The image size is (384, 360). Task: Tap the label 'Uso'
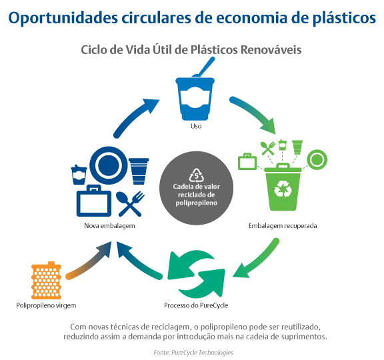196,126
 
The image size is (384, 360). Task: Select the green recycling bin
283,187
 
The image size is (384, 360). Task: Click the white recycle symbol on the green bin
283,189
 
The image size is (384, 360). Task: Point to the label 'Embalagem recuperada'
283,225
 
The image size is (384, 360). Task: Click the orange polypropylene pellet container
46,280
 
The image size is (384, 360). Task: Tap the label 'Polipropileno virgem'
46,305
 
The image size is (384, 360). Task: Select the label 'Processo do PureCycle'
196,305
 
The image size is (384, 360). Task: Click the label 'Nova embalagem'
109,225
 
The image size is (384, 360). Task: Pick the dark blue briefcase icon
94,201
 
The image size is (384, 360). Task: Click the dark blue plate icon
109,165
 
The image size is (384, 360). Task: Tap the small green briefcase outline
247,161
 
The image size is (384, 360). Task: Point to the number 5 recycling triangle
197,175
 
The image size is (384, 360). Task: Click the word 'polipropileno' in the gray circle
197,203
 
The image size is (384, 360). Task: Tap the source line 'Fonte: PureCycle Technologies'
193,353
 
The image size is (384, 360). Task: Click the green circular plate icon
317,160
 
